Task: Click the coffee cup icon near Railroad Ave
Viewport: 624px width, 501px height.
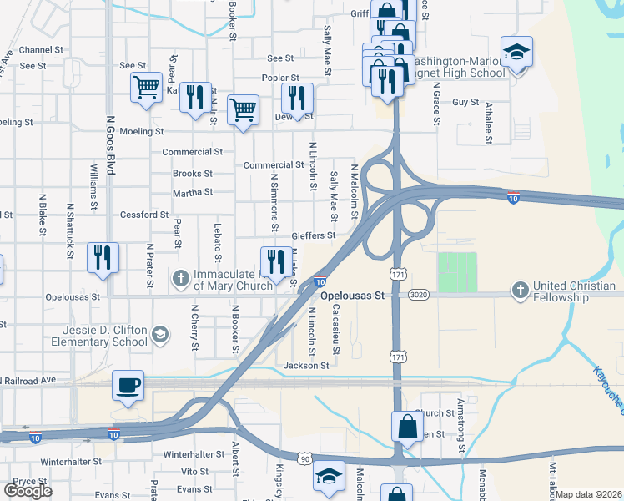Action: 128,385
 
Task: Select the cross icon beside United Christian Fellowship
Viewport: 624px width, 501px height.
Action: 520,291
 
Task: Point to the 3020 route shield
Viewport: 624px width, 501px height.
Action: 419,295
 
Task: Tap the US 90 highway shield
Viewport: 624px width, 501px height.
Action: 305,458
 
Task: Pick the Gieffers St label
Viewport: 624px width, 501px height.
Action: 314,235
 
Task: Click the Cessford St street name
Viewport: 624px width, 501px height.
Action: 144,215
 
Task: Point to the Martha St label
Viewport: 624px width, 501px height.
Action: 193,192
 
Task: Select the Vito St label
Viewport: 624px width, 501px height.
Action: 194,472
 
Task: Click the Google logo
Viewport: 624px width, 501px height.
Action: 28,490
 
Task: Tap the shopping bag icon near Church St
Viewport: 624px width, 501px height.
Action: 406,426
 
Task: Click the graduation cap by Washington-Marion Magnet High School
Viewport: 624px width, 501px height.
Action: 517,52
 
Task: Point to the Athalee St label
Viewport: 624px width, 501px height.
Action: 489,120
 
